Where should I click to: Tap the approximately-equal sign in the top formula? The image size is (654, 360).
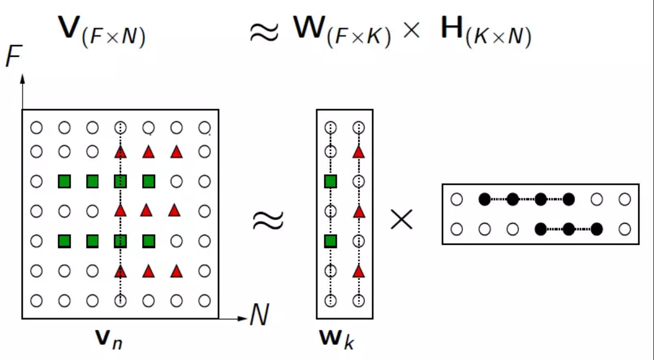[264, 32]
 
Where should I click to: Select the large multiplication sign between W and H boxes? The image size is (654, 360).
[401, 220]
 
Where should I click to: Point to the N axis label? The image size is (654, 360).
[259, 315]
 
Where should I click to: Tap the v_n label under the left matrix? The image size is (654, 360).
[107, 338]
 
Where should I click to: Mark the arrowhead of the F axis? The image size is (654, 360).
[23, 79]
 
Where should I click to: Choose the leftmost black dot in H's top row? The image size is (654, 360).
[484, 199]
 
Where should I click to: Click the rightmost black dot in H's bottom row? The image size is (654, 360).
[597, 229]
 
